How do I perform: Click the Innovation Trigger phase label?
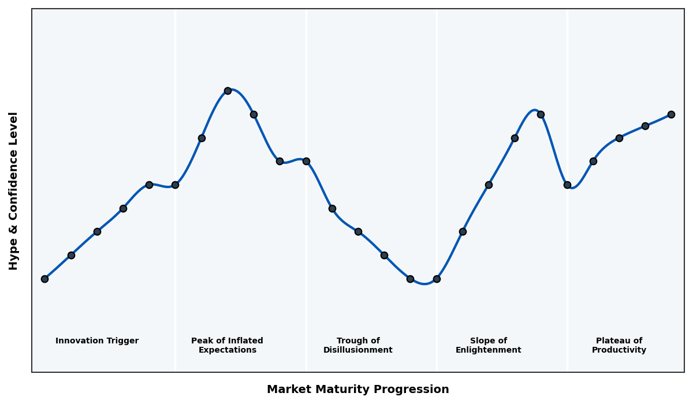click(97, 341)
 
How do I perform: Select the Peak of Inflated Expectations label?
click(227, 345)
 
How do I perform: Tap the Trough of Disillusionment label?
click(357, 345)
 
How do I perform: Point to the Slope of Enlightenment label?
click(488, 345)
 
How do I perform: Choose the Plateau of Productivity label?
click(619, 345)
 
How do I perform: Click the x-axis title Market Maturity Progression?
click(357, 390)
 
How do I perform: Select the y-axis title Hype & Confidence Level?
click(14, 190)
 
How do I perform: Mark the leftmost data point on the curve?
click(44, 279)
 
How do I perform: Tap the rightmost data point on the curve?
click(671, 114)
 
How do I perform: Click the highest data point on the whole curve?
click(228, 91)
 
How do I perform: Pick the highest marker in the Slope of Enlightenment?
click(541, 114)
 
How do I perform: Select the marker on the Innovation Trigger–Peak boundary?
click(175, 185)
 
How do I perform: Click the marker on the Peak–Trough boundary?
click(306, 161)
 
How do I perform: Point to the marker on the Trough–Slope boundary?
click(437, 279)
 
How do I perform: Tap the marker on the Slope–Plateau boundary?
click(567, 185)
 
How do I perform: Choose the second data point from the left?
click(71, 255)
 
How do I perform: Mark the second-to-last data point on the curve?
click(645, 126)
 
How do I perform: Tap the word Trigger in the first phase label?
click(121, 341)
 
